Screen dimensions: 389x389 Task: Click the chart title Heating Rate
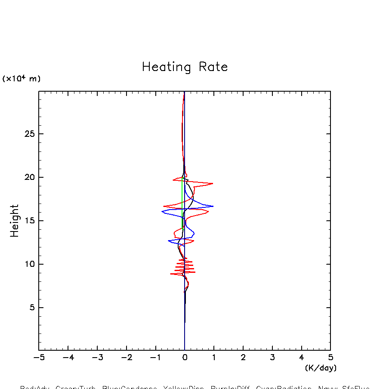coord(185,67)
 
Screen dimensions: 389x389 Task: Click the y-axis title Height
coord(15,221)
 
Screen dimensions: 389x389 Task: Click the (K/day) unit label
coord(321,368)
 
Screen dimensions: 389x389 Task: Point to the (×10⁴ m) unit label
coord(22,79)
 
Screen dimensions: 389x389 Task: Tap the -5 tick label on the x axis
coord(39,358)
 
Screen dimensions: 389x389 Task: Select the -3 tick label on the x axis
coord(97,358)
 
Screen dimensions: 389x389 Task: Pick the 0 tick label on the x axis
coord(185,358)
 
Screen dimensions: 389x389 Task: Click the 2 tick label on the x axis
coord(243,358)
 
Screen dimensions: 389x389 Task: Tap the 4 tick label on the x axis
coord(301,358)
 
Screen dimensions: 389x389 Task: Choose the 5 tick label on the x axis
coord(330,358)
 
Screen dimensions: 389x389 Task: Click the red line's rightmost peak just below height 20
coord(213,184)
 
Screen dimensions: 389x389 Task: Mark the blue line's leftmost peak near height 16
coord(162,211)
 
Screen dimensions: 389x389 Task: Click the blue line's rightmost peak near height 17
coord(213,206)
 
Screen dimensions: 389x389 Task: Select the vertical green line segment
coord(182,202)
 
